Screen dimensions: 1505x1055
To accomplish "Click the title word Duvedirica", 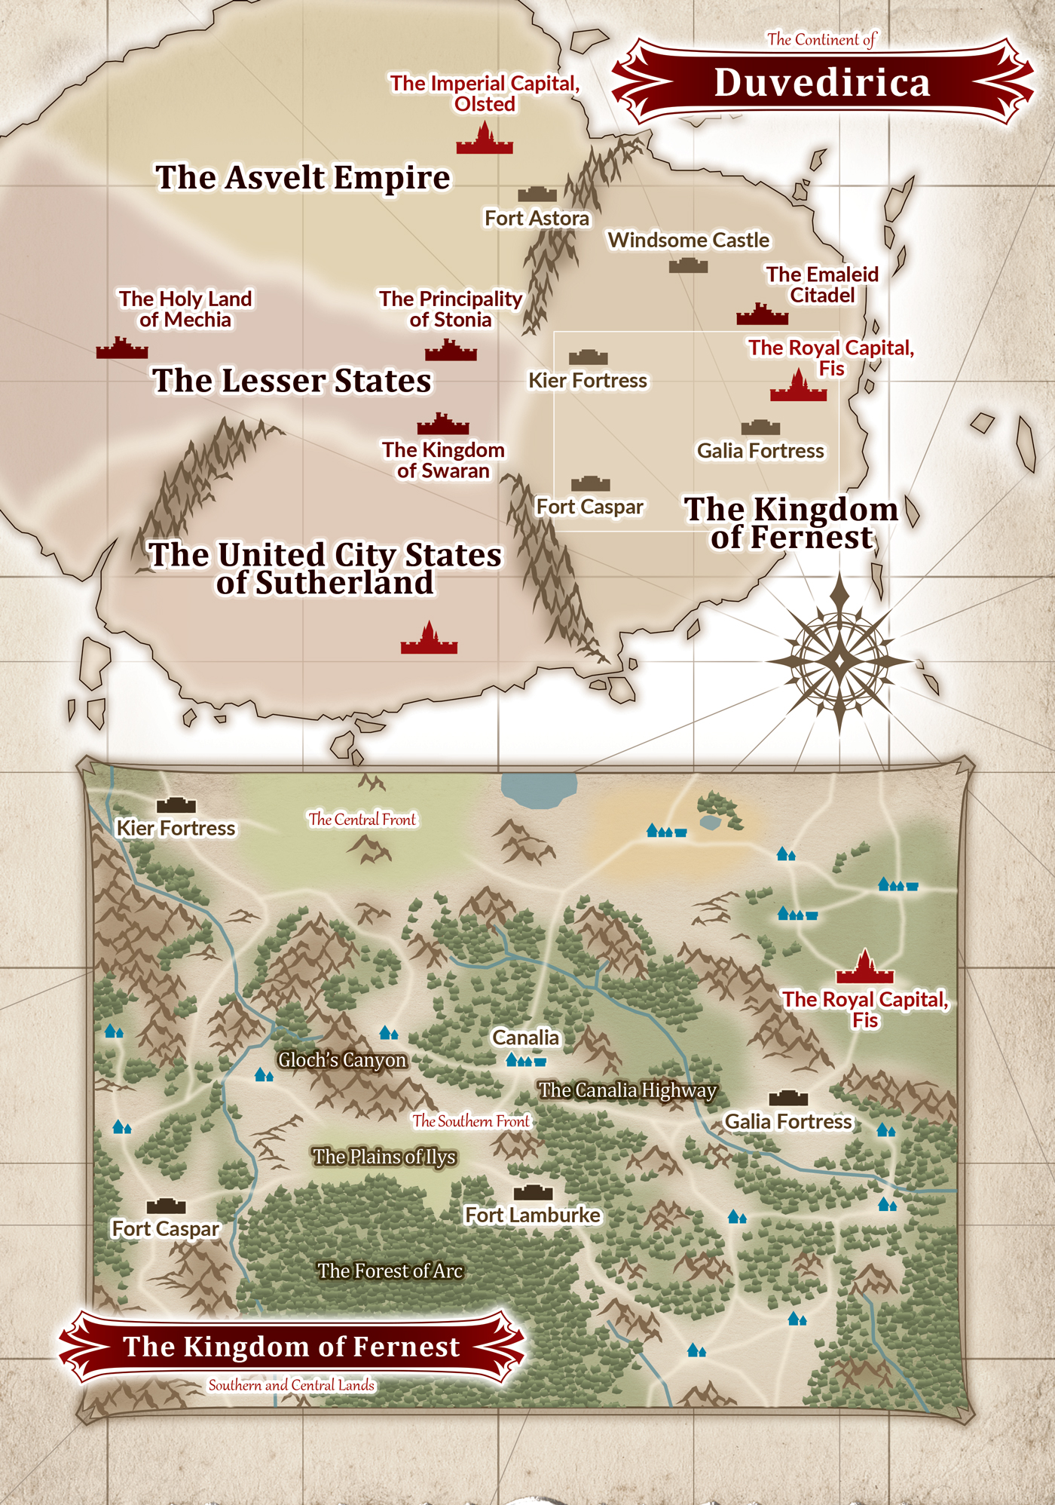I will (821, 83).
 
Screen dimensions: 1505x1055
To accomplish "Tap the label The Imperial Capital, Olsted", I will (485, 93).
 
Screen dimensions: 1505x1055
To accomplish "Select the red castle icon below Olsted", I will (485, 140).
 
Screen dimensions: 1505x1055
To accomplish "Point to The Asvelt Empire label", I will (303, 178).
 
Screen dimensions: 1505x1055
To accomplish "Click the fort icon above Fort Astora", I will (537, 195).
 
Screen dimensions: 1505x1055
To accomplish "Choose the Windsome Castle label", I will (689, 240).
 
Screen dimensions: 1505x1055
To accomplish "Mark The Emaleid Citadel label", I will (822, 284).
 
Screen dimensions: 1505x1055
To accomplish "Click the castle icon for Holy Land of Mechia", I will (122, 348).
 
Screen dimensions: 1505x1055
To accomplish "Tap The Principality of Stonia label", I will (451, 309).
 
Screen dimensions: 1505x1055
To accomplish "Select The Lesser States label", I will (292, 381).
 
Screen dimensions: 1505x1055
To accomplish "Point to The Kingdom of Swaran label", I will (443, 460).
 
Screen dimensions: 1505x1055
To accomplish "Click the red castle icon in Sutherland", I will (429, 639).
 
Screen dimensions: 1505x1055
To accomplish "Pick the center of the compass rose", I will (839, 661).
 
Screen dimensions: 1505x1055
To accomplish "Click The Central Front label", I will (362, 820).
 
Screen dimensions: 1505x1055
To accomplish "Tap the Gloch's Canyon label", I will (342, 1060).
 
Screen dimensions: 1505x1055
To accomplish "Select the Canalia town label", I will (525, 1038).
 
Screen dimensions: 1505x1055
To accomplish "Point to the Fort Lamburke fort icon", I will (533, 1192).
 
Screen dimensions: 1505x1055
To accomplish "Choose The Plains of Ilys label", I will (384, 1157).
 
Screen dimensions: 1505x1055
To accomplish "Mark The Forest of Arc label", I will (390, 1271).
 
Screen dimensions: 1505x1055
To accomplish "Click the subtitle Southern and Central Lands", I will (292, 1385).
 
